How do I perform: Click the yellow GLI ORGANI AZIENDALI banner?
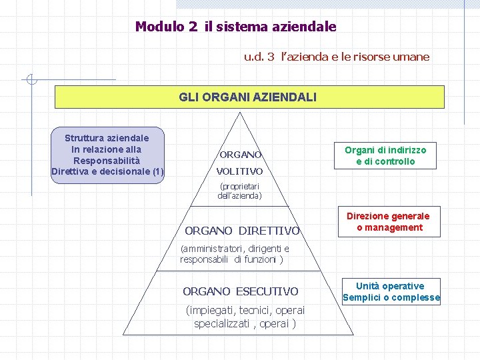click(x=249, y=97)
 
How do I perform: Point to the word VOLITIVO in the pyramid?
click(x=240, y=171)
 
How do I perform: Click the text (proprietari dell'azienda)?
click(x=240, y=191)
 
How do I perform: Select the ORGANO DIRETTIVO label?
click(x=242, y=231)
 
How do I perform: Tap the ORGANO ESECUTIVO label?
click(x=241, y=291)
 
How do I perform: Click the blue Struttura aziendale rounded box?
click(x=107, y=155)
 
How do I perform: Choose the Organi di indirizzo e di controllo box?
click(x=385, y=155)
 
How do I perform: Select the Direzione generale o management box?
click(x=388, y=221)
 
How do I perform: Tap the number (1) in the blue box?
click(x=158, y=172)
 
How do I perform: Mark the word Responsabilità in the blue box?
click(x=107, y=161)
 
